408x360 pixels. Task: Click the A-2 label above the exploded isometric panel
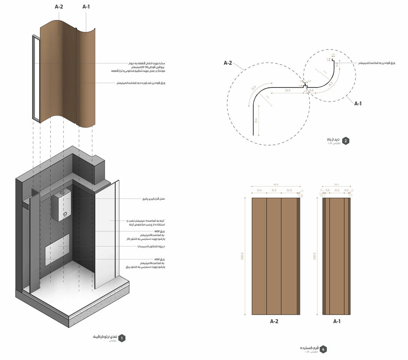59,7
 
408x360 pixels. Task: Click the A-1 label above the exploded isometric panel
86,7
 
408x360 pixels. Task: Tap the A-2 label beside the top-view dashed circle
228,63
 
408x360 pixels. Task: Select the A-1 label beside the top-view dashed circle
358,103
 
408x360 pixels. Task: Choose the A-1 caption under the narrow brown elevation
337,321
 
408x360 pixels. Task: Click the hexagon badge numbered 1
122,338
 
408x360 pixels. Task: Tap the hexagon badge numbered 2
346,141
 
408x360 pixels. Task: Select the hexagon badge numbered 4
323,349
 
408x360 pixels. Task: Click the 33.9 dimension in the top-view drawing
288,90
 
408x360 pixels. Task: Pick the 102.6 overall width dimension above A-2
275,184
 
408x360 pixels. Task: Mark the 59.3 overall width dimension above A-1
336,184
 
